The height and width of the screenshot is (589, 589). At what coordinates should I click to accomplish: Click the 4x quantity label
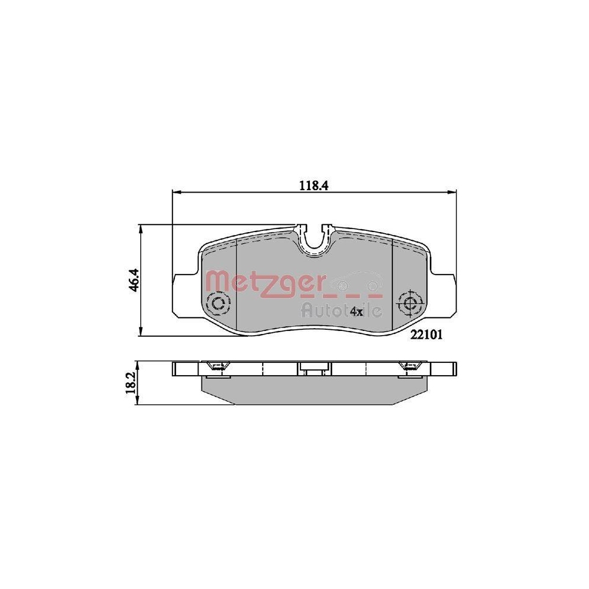click(356, 310)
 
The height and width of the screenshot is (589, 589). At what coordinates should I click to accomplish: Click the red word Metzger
click(264, 282)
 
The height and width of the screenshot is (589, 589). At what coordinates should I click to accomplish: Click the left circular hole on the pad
click(220, 303)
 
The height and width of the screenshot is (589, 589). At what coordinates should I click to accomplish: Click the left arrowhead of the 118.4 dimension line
click(174, 191)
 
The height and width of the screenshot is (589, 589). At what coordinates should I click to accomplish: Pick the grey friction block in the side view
click(314, 391)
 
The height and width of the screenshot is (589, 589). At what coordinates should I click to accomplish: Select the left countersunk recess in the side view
click(216, 367)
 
